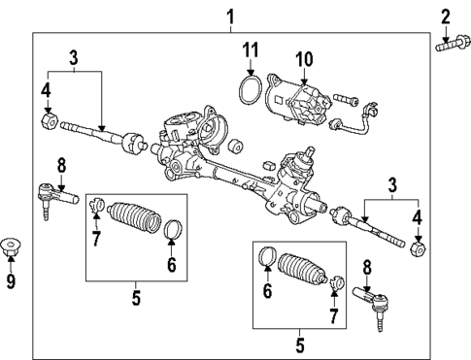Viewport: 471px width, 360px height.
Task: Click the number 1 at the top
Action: coord(230,16)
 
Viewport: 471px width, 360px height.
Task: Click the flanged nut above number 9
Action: coord(12,246)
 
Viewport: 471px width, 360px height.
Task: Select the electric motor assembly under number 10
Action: coord(300,99)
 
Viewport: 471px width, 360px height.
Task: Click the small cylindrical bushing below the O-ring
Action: coord(235,147)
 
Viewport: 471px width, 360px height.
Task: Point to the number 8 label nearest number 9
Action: coord(60,164)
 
